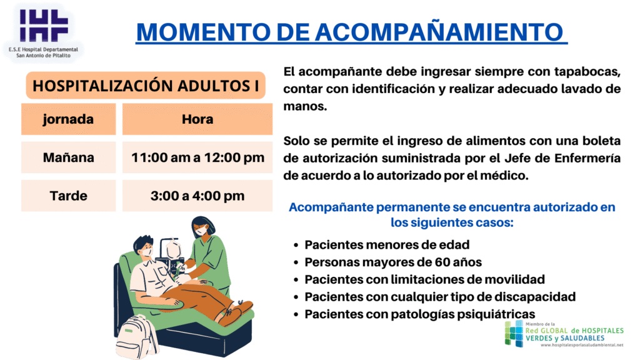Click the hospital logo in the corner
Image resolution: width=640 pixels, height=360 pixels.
[x=43, y=32]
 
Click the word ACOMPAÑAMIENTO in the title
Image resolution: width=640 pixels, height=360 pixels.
[x=439, y=32]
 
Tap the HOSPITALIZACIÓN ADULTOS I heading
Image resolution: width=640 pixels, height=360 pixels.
[x=146, y=86]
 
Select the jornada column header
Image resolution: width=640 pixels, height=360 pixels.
[x=68, y=119]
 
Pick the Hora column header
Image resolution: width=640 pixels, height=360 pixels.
[x=197, y=119]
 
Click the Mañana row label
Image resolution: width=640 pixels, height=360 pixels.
[x=69, y=157]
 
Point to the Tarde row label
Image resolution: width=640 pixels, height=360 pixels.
[x=69, y=196]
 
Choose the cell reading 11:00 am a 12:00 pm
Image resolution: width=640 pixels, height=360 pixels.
[x=197, y=157]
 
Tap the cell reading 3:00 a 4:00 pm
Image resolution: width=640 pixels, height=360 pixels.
[x=197, y=196]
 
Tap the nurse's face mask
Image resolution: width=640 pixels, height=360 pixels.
[x=201, y=231]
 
